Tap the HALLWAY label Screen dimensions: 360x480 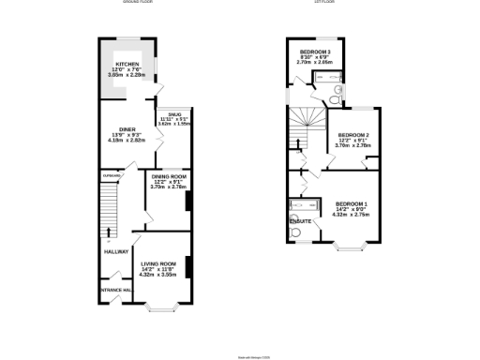click(116, 251)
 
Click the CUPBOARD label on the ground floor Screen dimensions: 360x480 click(112, 175)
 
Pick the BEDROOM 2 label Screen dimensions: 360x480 click(353, 135)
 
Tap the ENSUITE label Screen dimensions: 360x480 click(300, 220)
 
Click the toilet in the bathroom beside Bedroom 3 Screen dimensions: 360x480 click(336, 92)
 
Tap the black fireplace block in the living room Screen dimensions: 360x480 click(188, 266)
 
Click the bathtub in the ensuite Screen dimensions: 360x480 click(306, 205)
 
